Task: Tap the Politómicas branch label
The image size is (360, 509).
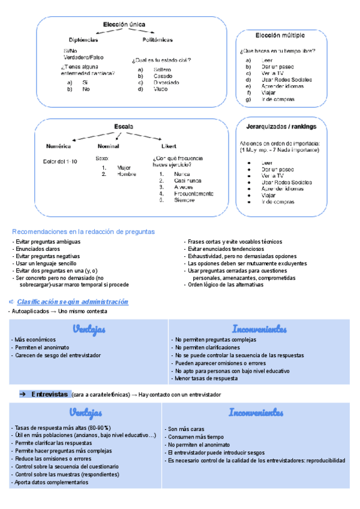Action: point(157,40)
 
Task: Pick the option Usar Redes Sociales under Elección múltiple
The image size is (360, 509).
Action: point(287,79)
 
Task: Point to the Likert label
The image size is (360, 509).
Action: point(169,146)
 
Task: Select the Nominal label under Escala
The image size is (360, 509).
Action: point(108,146)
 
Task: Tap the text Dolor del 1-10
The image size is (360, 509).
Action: point(60,161)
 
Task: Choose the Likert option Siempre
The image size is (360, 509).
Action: point(184,200)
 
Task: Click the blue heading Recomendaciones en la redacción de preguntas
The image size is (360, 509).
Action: point(83,231)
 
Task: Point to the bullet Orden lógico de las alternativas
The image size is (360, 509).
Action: point(226,285)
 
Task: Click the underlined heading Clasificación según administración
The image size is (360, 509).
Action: point(72,301)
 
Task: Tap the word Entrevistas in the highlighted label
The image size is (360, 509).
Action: point(49,394)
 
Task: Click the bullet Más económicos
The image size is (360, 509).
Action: point(35,340)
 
